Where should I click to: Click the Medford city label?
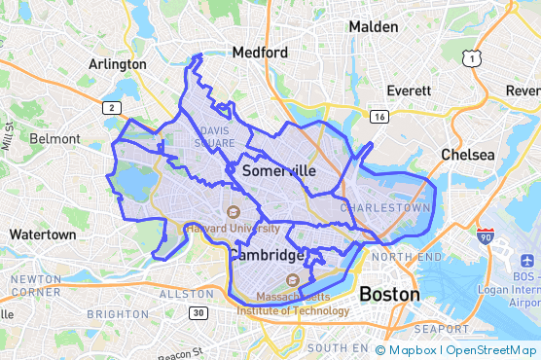tap(260, 53)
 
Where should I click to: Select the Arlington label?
tap(118, 64)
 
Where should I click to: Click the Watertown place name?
tap(42, 234)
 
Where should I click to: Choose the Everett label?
tap(409, 90)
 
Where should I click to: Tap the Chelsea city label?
tap(468, 155)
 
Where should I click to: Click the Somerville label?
tap(278, 170)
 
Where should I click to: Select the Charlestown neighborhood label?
tap(385, 207)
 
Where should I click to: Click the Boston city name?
tap(389, 294)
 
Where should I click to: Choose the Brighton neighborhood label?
tap(117, 314)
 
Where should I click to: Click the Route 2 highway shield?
tap(114, 107)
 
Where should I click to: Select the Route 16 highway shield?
tap(379, 117)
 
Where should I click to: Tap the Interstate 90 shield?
tap(485, 236)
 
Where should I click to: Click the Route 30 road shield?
tap(198, 312)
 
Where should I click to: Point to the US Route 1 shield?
tap(473, 60)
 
